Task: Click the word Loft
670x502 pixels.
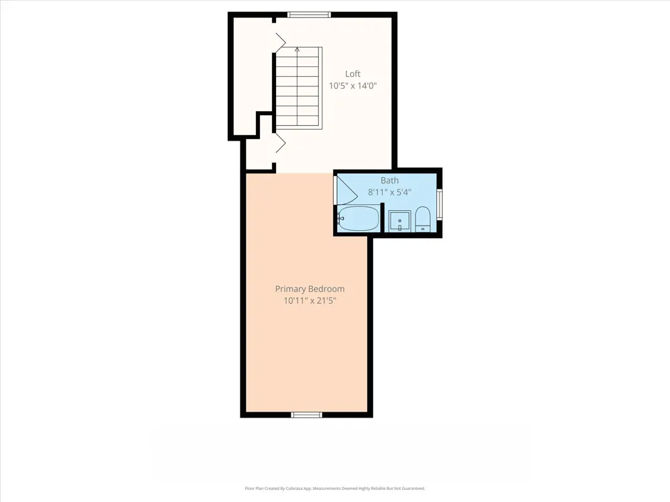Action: point(352,74)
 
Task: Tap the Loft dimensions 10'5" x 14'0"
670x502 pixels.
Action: point(352,86)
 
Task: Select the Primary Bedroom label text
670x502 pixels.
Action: point(310,289)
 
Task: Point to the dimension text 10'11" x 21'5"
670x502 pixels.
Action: point(310,301)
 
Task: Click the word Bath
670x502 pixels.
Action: point(389,181)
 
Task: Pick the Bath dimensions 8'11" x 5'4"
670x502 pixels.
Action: point(389,192)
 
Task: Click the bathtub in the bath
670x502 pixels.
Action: point(358,219)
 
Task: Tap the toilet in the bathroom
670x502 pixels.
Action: point(423,220)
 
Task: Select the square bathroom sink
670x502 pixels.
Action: point(399,221)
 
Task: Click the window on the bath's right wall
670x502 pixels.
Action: point(440,204)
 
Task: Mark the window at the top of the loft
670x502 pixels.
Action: point(309,15)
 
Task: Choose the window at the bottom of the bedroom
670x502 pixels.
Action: point(306,414)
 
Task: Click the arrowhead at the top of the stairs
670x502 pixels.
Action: point(297,49)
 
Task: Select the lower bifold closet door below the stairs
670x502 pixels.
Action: point(280,143)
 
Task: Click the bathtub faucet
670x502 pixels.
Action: point(340,219)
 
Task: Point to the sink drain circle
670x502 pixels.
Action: point(399,221)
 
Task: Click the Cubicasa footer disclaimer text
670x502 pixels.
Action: point(334,489)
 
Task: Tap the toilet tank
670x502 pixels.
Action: point(423,229)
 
